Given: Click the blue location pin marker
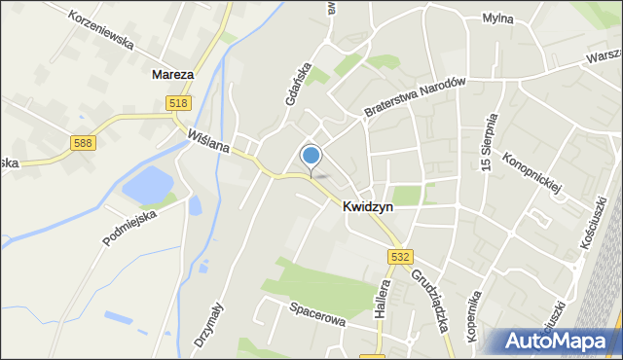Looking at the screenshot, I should [x=311, y=157].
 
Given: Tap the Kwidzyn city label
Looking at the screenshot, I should [x=367, y=206].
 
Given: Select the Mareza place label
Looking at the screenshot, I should [x=172, y=73].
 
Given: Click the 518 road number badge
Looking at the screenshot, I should [x=178, y=103].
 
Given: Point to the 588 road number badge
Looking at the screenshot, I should [x=83, y=143].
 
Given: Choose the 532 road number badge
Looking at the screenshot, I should [x=400, y=256].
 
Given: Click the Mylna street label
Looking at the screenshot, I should [x=498, y=18].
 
